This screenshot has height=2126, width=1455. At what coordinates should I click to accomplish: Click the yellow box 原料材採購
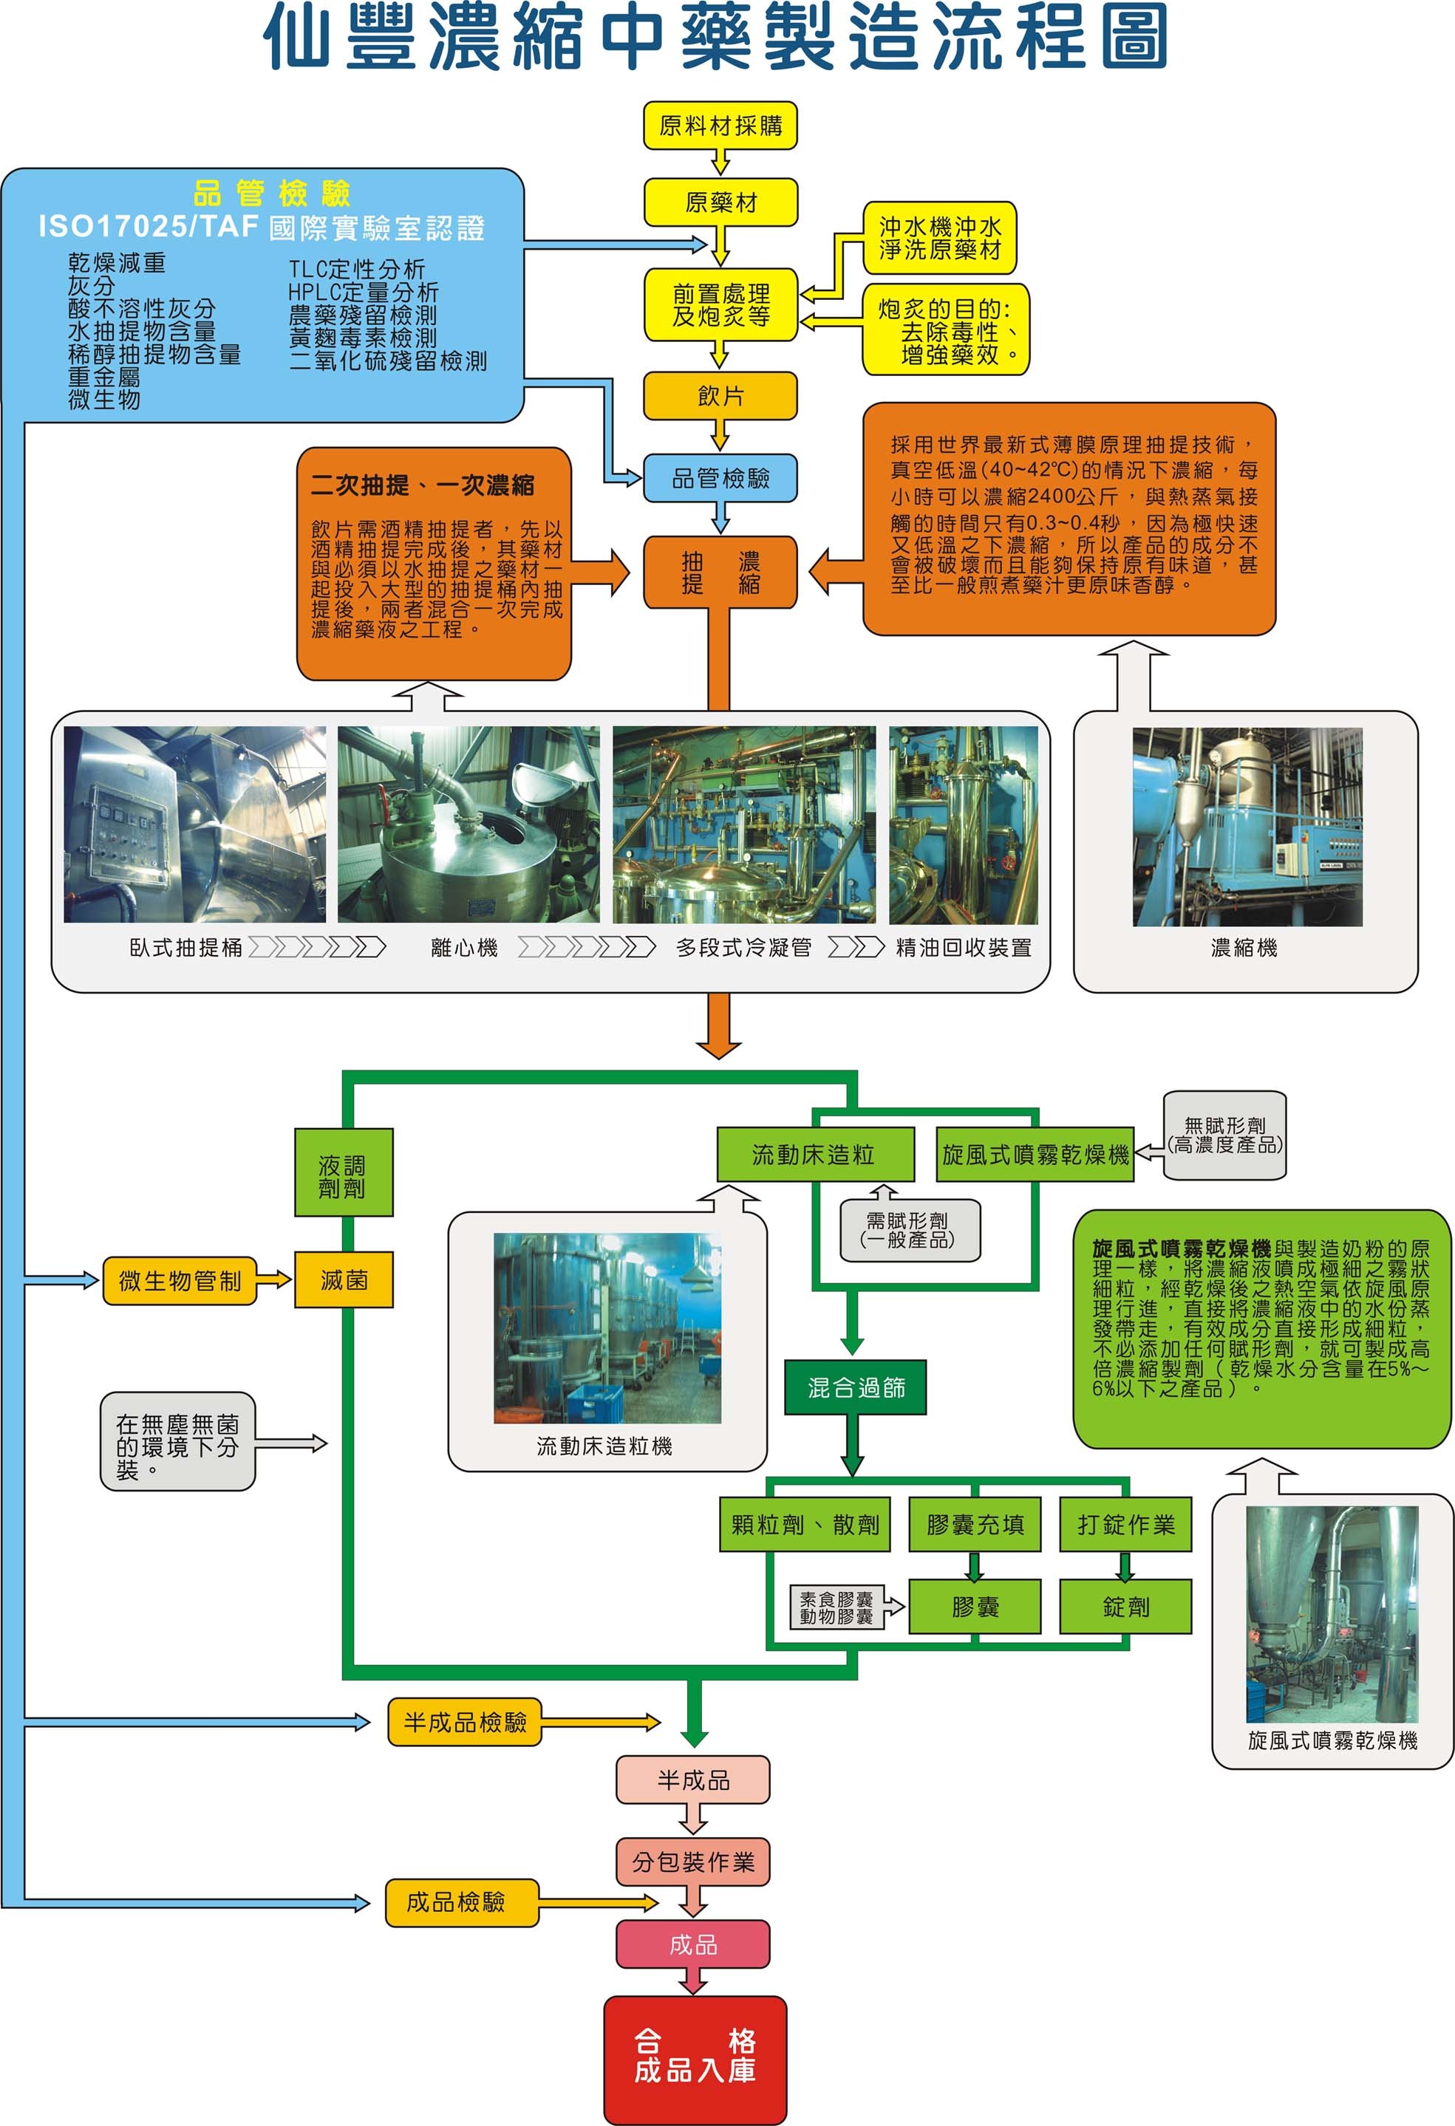(x=720, y=126)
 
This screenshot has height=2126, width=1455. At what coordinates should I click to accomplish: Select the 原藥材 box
(x=720, y=202)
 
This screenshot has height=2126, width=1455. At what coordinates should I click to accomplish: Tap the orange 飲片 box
(x=720, y=395)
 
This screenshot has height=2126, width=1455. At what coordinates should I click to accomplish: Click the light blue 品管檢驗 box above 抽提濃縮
(x=720, y=479)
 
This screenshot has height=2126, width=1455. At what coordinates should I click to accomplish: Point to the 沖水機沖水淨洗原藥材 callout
(x=940, y=238)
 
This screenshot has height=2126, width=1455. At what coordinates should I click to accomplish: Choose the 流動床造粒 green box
(x=814, y=1155)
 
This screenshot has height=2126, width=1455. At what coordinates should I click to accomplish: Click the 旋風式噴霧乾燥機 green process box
(x=1035, y=1155)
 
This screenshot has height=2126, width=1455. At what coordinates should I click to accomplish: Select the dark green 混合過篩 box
(x=856, y=1388)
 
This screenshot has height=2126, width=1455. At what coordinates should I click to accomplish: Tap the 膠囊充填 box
(x=975, y=1524)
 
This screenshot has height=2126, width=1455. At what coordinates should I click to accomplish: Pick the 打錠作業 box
(x=1125, y=1524)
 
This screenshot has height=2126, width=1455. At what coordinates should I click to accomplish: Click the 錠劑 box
(x=1125, y=1607)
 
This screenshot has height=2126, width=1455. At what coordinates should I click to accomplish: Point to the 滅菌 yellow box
(x=344, y=1279)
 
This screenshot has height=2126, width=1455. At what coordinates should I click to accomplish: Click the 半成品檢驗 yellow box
(x=465, y=1723)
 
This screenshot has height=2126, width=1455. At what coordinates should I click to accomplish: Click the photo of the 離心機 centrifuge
(x=468, y=824)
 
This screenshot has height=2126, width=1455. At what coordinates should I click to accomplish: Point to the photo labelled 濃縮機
(x=1247, y=827)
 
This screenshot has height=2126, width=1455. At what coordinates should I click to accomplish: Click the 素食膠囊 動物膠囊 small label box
(x=836, y=1607)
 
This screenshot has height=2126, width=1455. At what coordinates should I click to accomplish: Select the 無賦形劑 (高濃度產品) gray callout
(x=1224, y=1135)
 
